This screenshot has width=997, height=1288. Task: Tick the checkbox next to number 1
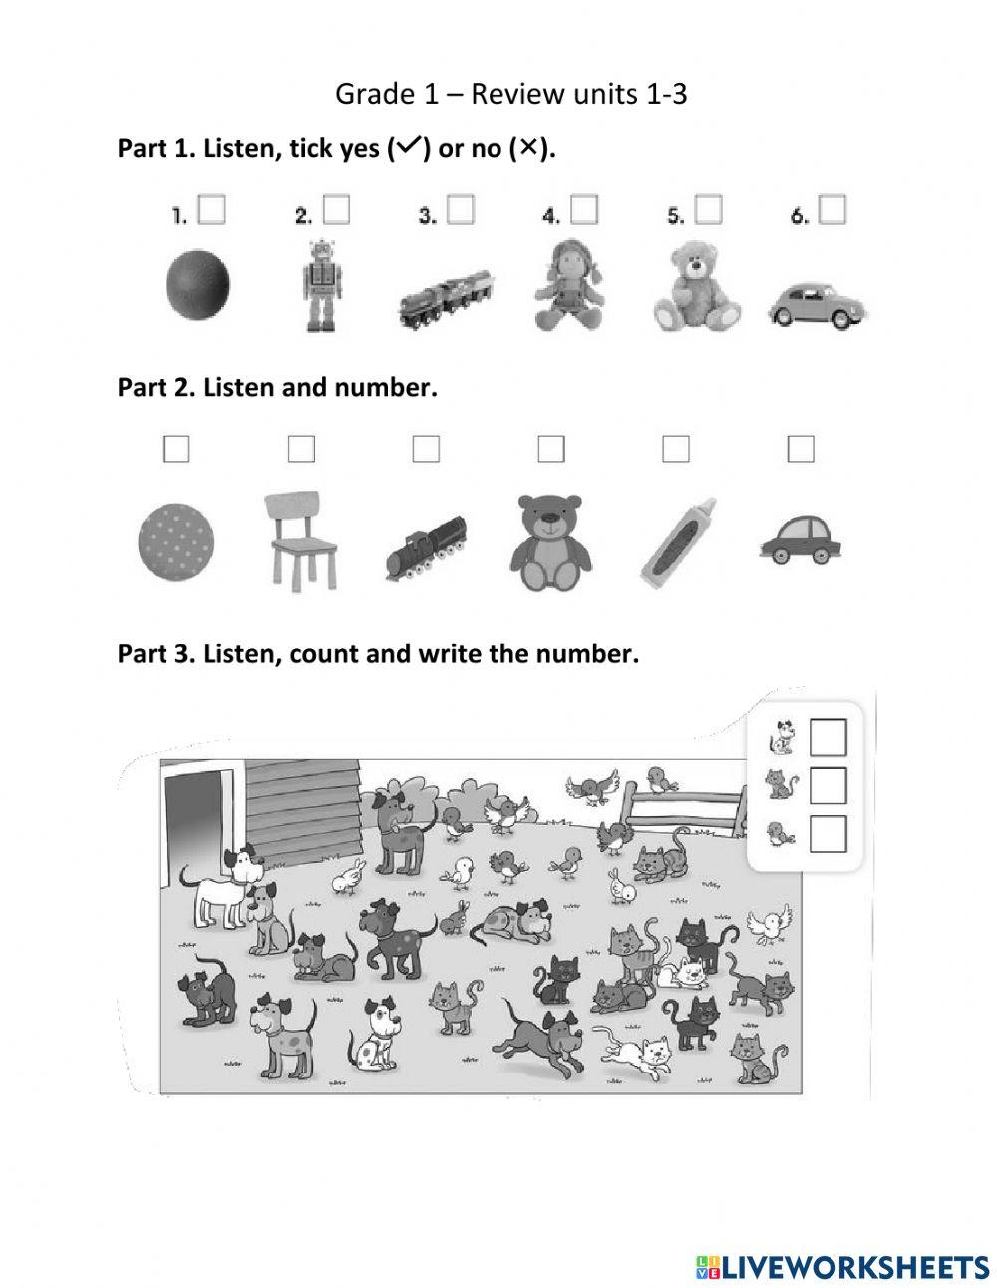211,210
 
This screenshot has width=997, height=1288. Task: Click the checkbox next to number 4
584,210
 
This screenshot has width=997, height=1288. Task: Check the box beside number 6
831,210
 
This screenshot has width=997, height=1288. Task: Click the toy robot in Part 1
321,285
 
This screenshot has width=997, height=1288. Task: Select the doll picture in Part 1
569,285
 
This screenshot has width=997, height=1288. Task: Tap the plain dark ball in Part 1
197,284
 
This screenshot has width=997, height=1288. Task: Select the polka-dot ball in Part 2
175,543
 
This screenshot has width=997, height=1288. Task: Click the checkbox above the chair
301,449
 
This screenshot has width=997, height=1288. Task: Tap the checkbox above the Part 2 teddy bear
551,449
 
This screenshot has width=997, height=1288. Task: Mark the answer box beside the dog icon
828,737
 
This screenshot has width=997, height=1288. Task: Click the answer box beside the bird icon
828,834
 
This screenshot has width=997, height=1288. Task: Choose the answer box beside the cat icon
828,785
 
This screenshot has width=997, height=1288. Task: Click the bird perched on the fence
661,779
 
